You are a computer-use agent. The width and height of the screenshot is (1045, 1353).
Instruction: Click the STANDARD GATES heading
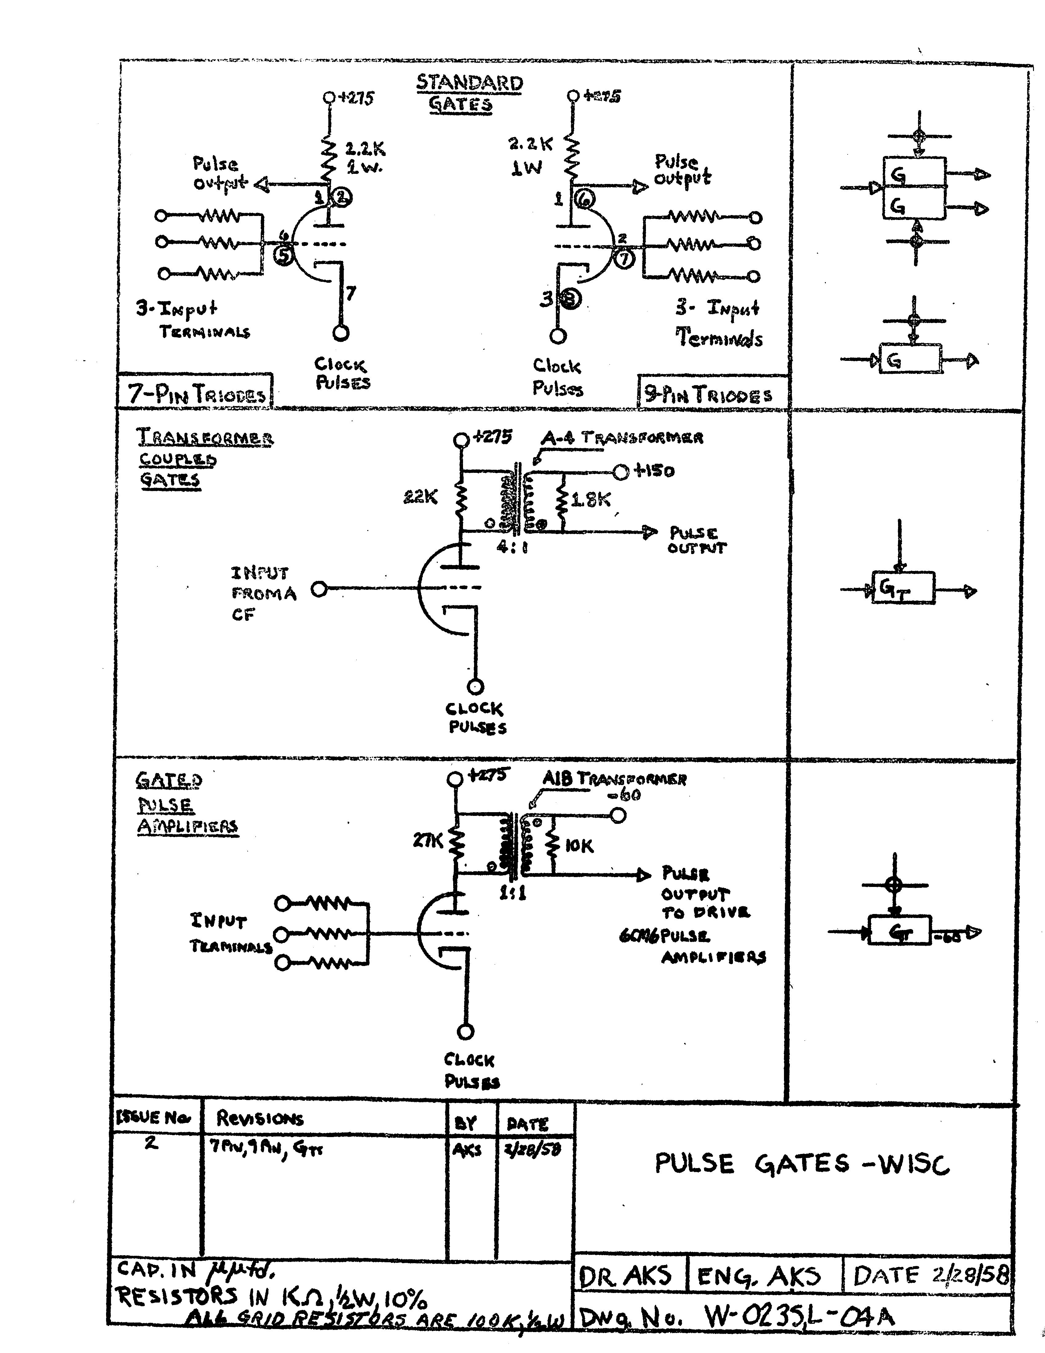(x=469, y=93)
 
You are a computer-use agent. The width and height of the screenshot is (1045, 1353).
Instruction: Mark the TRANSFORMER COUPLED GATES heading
(x=204, y=458)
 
